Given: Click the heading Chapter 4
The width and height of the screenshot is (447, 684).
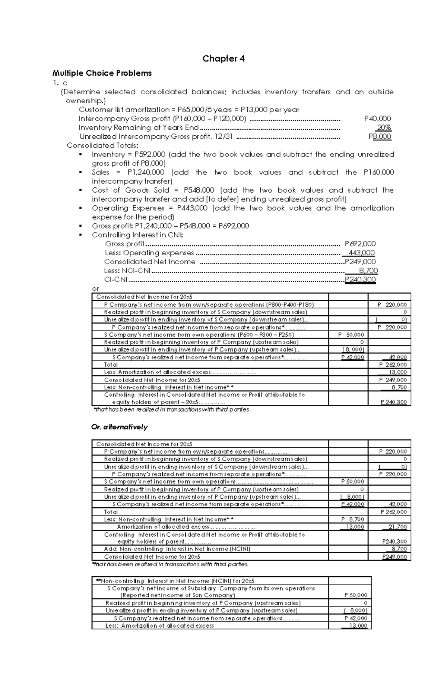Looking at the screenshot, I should [223, 59].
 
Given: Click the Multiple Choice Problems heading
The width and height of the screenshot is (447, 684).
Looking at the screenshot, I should [102, 73].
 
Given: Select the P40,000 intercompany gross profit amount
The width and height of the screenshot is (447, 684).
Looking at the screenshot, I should [377, 119].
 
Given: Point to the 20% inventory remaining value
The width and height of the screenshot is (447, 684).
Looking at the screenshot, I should [384, 127].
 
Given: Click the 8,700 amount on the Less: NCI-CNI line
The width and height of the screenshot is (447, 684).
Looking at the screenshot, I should [368, 271].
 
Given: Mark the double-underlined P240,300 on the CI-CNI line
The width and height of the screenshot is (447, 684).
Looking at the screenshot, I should [360, 280].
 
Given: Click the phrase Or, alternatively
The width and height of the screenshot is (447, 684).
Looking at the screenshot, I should [119, 427].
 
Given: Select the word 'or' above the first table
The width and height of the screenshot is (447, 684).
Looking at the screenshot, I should [96, 289].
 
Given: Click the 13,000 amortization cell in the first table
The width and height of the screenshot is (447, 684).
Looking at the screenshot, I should [397, 372].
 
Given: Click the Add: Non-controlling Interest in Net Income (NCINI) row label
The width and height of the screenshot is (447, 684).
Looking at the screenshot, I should [177, 549].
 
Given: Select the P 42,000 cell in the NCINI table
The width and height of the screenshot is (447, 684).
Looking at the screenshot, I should [355, 618].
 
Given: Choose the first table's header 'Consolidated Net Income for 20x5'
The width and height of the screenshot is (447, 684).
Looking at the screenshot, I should [144, 297].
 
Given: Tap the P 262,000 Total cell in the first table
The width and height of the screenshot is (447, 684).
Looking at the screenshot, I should [393, 365].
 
